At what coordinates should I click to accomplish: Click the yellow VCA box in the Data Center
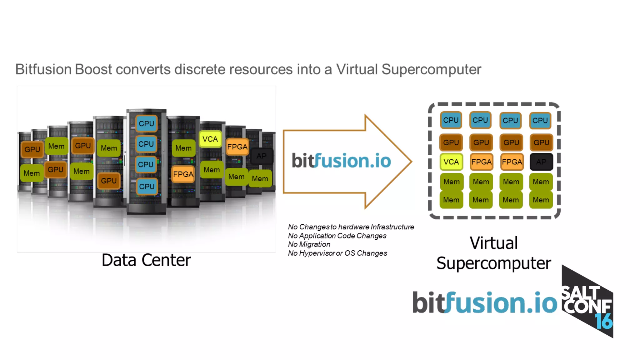(210, 139)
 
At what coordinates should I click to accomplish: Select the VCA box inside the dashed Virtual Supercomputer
(451, 162)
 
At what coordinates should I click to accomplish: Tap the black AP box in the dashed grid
(541, 162)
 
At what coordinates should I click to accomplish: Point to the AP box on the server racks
(262, 156)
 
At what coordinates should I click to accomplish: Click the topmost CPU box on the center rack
(146, 123)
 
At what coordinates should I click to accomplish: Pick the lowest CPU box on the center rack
(147, 187)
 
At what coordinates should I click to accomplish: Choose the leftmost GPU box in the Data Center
(32, 149)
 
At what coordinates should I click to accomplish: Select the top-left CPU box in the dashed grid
(451, 120)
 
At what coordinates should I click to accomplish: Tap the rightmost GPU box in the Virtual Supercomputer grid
(541, 142)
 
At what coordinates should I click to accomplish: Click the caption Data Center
(146, 260)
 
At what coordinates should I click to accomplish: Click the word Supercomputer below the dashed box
(493, 263)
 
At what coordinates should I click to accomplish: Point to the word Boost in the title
(93, 69)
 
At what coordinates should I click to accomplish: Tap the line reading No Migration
(309, 244)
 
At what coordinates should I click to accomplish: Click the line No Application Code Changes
(337, 236)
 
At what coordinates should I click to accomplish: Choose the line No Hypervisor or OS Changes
(337, 253)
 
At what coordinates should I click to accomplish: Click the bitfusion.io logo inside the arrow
(341, 161)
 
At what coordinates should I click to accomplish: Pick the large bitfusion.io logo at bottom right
(485, 302)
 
